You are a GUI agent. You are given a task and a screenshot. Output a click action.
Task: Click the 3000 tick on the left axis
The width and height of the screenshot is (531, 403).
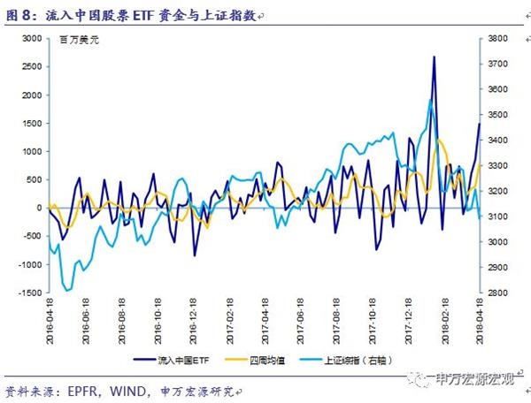click(32, 39)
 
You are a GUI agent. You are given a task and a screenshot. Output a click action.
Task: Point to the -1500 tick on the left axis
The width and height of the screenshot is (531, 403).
click(29, 293)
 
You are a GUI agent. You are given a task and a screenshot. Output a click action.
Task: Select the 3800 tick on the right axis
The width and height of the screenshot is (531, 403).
click(496, 39)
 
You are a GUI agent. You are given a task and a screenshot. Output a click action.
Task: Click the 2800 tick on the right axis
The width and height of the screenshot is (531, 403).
click(496, 293)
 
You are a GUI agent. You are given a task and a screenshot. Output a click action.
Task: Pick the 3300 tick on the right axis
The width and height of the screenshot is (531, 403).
click(496, 166)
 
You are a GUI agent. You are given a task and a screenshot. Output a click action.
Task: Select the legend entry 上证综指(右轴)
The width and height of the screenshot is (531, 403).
click(363, 361)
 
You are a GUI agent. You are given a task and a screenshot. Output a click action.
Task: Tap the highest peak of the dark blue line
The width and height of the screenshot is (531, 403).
click(434, 57)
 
